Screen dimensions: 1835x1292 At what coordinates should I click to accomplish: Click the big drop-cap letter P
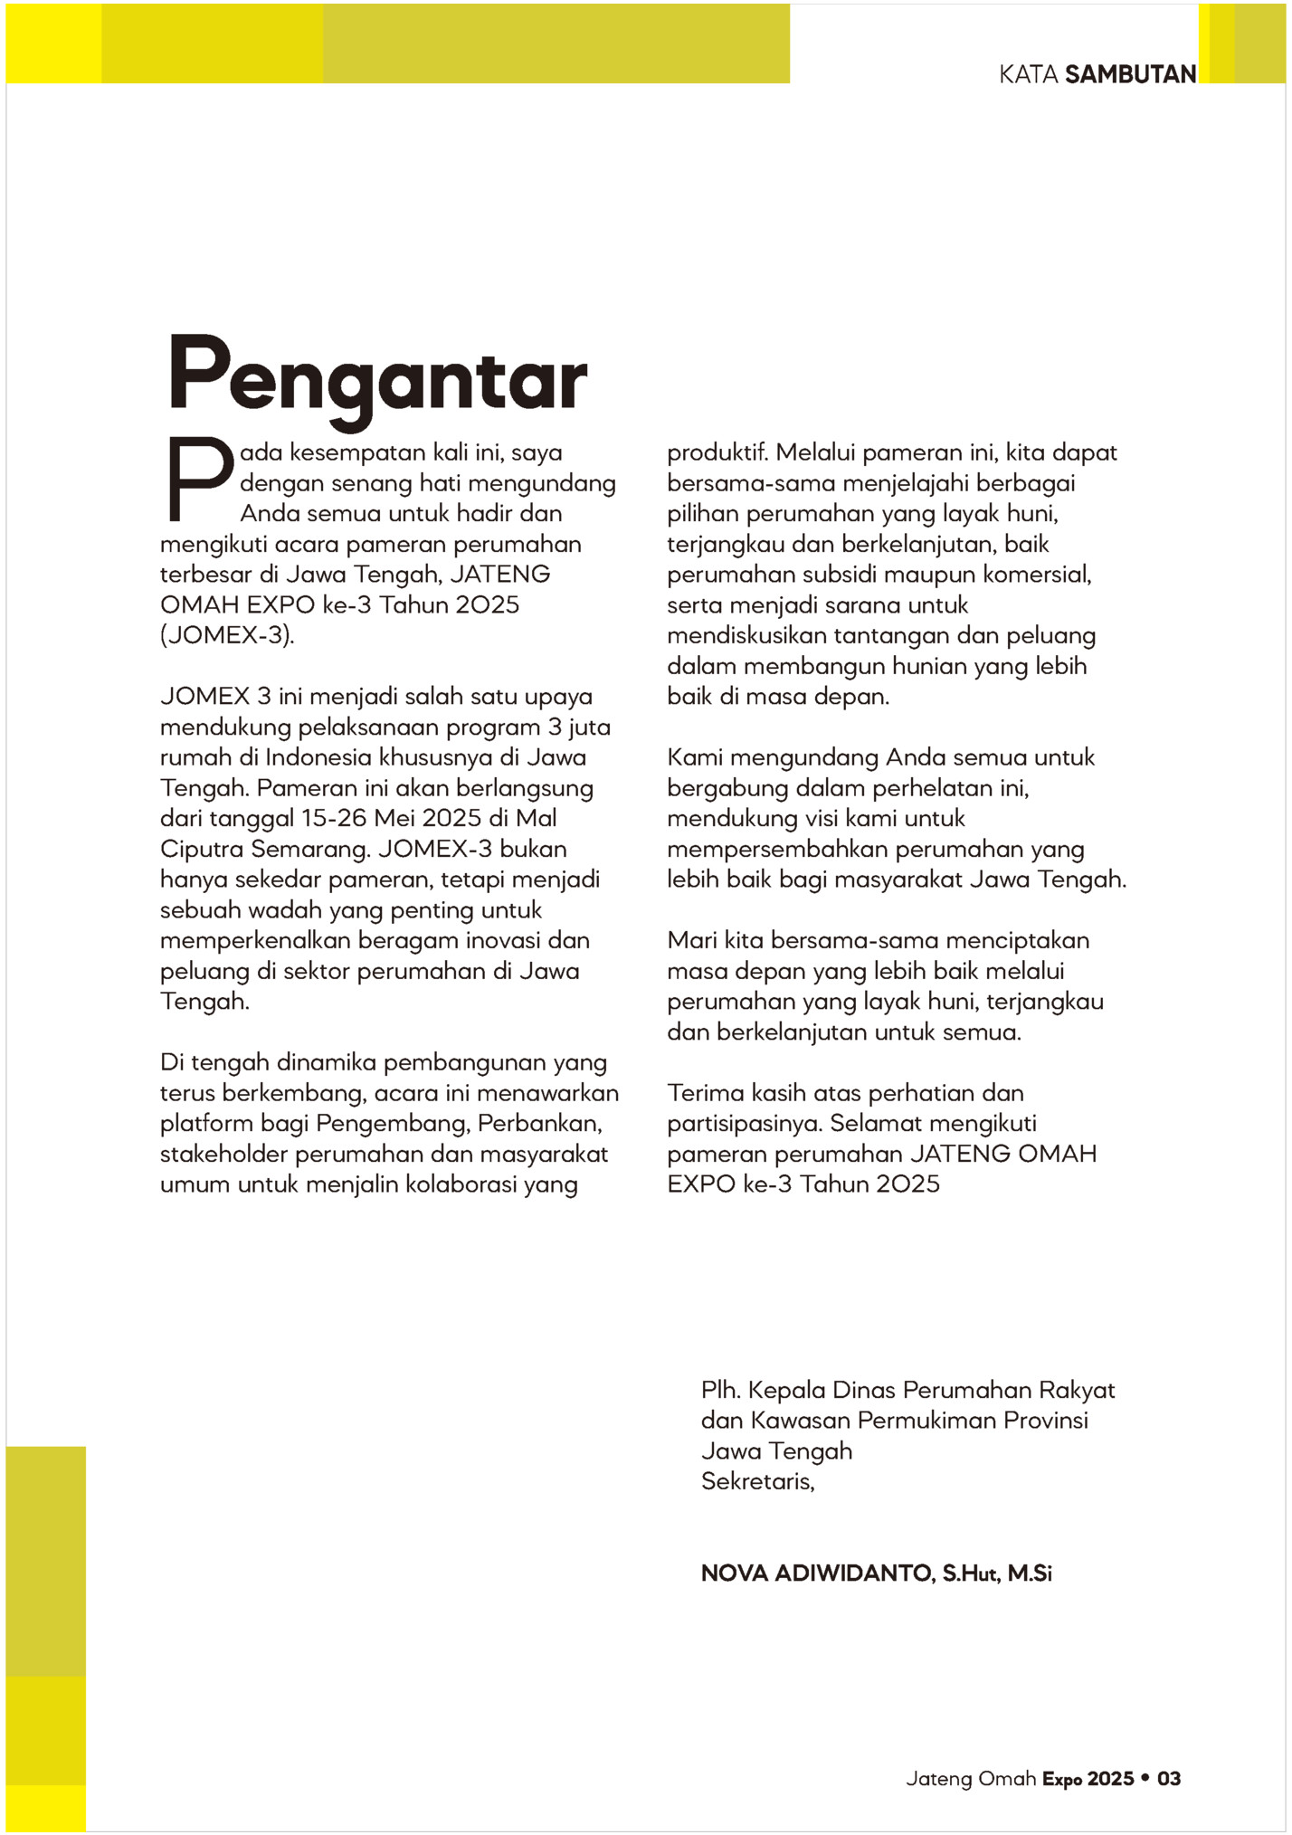pos(199,480)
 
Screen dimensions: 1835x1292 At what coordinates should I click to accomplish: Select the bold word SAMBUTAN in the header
pos(1131,74)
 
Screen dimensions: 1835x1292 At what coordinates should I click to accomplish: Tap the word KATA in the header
pos(1029,74)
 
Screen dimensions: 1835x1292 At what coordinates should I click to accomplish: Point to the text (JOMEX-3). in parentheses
pos(227,635)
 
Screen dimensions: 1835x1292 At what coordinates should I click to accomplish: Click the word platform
pos(206,1124)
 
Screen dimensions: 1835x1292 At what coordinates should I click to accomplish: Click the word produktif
pos(717,452)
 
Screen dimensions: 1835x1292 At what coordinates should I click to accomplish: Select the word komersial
pos(1037,575)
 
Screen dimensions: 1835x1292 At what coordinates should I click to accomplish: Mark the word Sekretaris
pos(757,1481)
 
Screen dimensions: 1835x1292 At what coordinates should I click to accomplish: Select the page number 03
pos(1169,1779)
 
